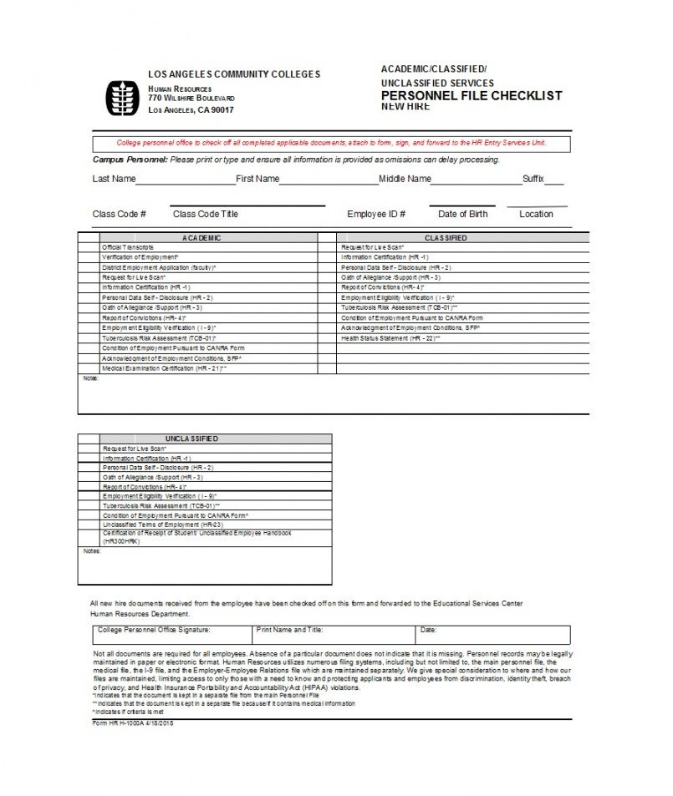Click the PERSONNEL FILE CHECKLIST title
click(x=472, y=95)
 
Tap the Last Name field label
click(x=114, y=179)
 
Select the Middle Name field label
click(x=405, y=179)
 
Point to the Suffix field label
click(x=533, y=179)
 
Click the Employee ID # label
click(x=376, y=214)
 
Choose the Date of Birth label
click(x=462, y=214)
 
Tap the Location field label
click(x=536, y=214)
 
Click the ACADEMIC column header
click(x=201, y=238)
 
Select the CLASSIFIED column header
click(x=446, y=238)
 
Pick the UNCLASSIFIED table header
click(x=191, y=439)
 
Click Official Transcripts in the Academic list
click(x=128, y=248)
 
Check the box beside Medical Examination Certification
click(x=89, y=368)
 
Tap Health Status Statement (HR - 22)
click(x=390, y=338)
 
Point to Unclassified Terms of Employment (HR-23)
click(x=157, y=524)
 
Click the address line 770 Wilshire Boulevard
click(x=191, y=99)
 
